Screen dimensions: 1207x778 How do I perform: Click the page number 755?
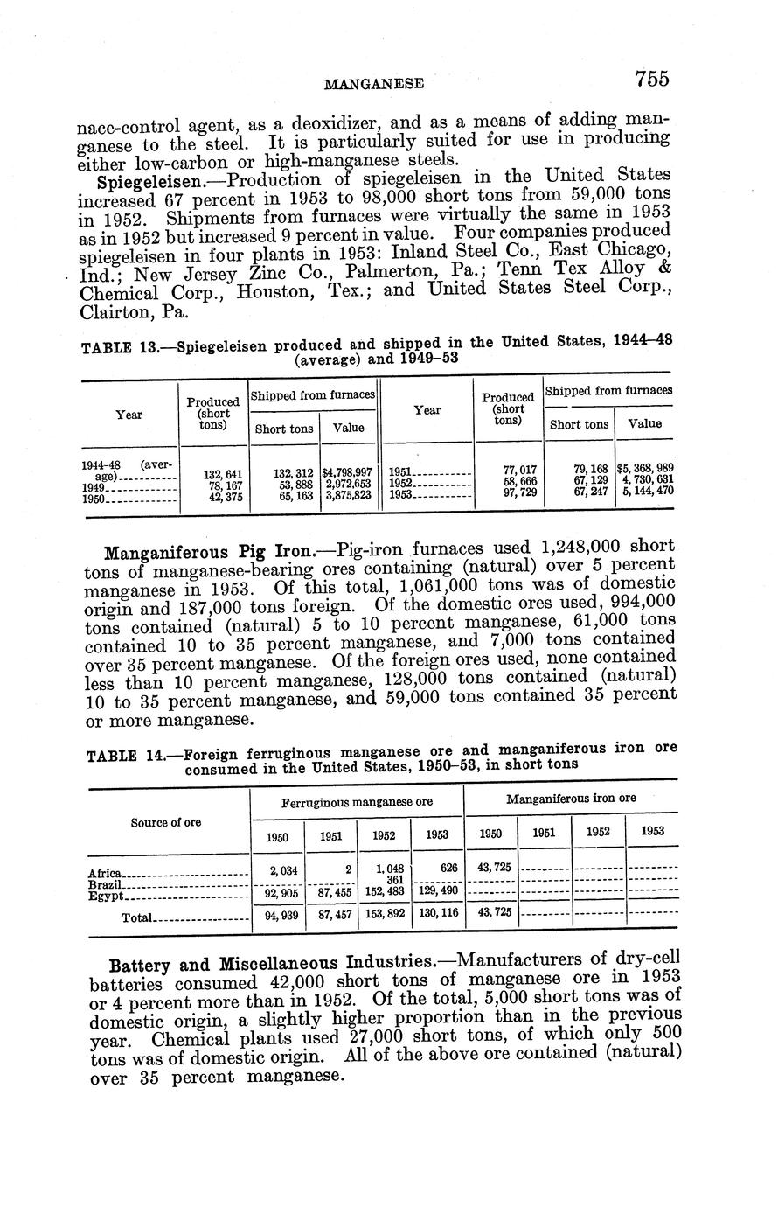click(x=652, y=79)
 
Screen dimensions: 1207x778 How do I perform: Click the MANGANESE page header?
click(x=374, y=84)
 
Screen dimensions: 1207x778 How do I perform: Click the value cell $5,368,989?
click(x=645, y=468)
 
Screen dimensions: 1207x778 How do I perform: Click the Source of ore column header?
click(x=166, y=822)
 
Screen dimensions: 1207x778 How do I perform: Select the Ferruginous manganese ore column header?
click(x=357, y=802)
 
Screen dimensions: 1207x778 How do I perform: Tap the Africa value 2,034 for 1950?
click(x=278, y=869)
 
